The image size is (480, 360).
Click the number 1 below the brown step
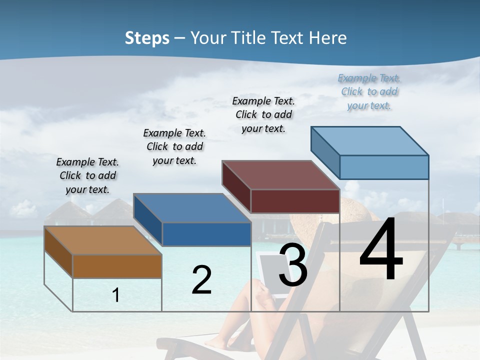coord(115,295)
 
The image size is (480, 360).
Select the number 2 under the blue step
coord(201,280)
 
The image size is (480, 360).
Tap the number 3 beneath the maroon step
coord(293,265)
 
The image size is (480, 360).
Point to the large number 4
coord(381,250)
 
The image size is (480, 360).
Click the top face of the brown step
coord(102,240)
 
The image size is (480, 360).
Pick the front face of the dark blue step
coord(206,234)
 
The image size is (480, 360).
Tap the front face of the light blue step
coord(384,167)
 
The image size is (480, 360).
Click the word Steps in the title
coord(147,38)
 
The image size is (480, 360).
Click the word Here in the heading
coord(327,38)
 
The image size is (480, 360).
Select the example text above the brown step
coord(87,175)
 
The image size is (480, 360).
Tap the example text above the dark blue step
coord(174,146)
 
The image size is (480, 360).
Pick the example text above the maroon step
coord(263,114)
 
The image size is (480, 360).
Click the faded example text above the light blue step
coord(369,91)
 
